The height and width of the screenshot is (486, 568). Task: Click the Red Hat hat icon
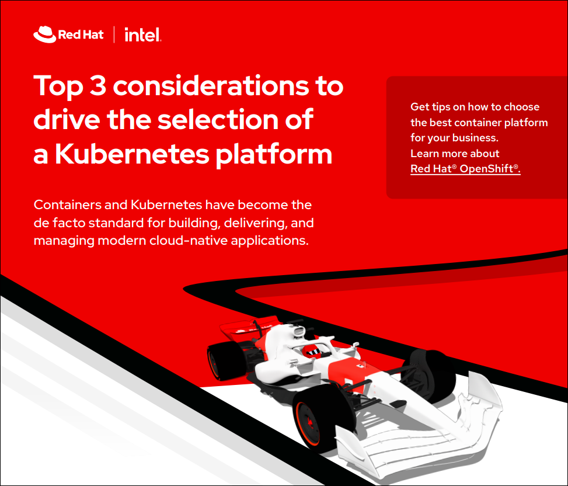44,34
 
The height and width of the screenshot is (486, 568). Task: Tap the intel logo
143,35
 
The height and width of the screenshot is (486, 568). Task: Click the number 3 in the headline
98,86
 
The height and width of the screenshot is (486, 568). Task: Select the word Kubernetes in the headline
132,154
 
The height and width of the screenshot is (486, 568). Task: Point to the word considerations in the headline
211,86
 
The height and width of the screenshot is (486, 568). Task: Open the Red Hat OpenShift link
465,169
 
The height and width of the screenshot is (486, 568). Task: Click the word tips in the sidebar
441,107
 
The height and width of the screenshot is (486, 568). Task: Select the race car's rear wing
250,328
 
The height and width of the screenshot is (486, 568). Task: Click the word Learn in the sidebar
423,153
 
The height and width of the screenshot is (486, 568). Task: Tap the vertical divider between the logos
114,34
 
